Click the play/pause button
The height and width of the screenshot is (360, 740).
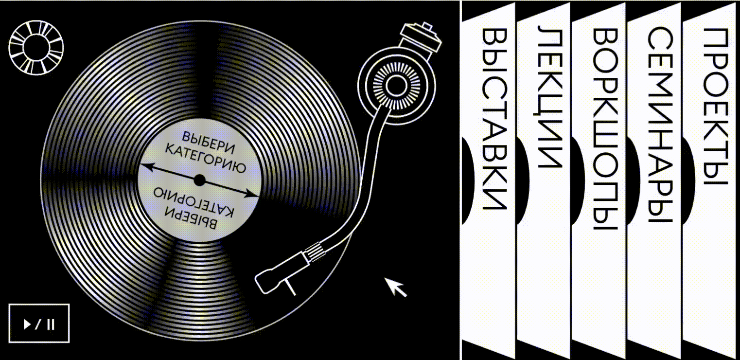[39, 323]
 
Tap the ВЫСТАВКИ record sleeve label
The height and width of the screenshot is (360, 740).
[494, 119]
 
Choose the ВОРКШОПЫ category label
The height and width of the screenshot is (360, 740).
[605, 129]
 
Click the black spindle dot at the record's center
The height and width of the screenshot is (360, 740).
[199, 180]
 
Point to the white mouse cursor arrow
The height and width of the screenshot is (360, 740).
[395, 287]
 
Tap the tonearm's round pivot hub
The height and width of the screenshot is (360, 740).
[396, 86]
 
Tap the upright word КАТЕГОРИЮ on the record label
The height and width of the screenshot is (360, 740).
[205, 158]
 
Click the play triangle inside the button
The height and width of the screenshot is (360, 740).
[27, 324]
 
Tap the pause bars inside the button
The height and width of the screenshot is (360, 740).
[51, 324]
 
